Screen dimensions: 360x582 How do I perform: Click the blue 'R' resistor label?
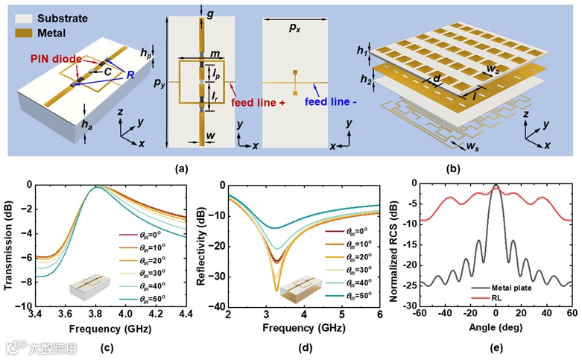130,76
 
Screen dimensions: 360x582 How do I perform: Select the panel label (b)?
457,169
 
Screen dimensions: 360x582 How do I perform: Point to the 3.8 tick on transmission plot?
96,314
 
